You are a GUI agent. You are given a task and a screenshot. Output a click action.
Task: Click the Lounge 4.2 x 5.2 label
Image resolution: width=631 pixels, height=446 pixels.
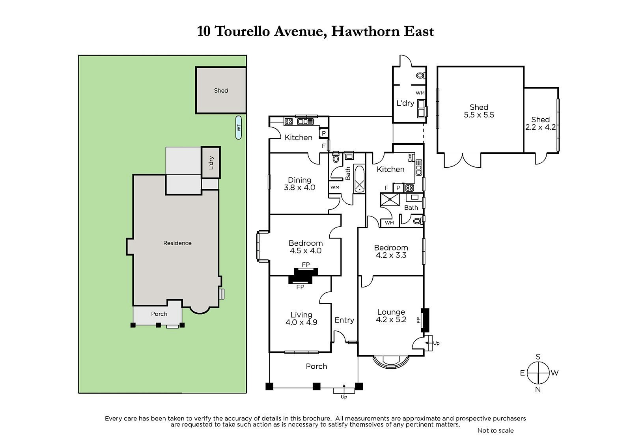[391, 316]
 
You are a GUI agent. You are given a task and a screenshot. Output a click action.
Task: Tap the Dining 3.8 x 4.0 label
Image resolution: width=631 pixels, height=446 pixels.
[299, 184]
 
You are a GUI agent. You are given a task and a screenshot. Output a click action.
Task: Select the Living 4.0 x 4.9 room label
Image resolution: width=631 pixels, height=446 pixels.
[301, 318]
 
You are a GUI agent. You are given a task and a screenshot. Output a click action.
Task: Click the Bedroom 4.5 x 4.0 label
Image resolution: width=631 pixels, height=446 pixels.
[305, 247]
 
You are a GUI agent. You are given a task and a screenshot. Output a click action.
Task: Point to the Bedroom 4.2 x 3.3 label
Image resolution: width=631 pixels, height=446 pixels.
[391, 251]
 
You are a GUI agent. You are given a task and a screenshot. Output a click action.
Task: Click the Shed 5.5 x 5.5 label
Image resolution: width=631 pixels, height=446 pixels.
[479, 111]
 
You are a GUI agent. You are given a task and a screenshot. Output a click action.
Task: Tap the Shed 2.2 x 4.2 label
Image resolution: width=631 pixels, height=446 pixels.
[540, 123]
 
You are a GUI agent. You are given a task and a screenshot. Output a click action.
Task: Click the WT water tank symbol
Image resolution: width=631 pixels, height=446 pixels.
[238, 128]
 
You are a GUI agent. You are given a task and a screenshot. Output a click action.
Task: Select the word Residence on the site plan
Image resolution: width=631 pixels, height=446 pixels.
[177, 243]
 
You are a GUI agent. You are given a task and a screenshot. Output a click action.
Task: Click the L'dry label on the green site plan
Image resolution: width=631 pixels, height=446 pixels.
[211, 162]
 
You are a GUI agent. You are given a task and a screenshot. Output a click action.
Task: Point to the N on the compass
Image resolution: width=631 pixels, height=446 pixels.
[538, 390]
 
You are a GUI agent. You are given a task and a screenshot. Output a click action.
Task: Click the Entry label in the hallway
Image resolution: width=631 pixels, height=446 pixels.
[344, 320]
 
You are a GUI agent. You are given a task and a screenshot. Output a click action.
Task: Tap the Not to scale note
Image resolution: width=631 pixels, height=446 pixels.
[495, 430]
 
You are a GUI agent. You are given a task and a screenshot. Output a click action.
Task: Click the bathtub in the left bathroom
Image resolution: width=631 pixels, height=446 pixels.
[359, 179]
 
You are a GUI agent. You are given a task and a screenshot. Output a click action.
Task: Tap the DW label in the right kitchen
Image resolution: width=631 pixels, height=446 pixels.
[410, 157]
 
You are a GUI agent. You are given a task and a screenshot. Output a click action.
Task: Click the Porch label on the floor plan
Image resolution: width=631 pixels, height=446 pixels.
[316, 366]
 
